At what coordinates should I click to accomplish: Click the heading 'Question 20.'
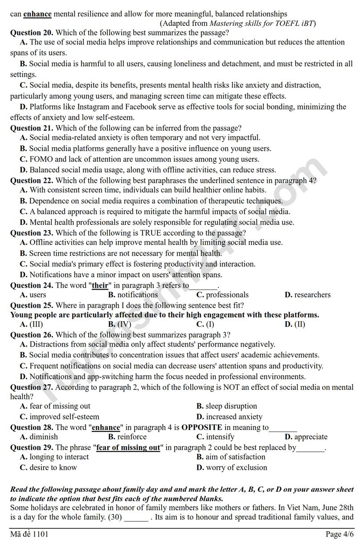point(32,33)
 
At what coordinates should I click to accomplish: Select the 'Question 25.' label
point(32,305)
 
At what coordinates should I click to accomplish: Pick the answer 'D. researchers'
point(307,295)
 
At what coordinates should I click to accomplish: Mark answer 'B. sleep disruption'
point(227,406)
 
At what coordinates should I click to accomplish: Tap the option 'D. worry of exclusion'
point(232,467)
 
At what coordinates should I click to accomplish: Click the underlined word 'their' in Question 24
point(100,285)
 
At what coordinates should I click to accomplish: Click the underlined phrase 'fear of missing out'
point(128,447)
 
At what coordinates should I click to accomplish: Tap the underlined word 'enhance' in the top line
point(37,14)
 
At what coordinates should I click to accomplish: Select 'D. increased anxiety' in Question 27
point(229,417)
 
